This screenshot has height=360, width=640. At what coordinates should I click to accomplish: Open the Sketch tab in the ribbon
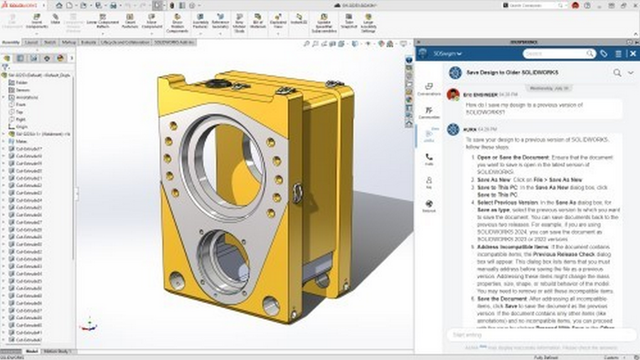coord(50,43)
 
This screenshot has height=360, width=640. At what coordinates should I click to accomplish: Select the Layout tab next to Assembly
coord(31,43)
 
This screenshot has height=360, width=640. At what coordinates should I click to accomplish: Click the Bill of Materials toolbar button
coord(258,23)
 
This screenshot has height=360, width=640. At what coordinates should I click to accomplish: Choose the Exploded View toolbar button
coord(279,23)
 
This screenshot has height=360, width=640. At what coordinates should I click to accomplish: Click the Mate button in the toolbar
coord(55,21)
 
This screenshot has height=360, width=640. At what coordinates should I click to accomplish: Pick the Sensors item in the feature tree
coord(21,90)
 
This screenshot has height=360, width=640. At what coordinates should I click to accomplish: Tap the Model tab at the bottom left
coord(32,351)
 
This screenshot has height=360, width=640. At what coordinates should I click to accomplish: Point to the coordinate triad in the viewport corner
coord(87,324)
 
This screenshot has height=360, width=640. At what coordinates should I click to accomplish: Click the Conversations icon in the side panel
coord(429,89)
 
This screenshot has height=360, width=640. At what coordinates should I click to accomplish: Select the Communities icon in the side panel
coord(429,112)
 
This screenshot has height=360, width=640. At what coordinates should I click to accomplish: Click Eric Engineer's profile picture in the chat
coord(452,94)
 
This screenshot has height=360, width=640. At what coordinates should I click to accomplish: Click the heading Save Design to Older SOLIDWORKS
coord(512,73)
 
